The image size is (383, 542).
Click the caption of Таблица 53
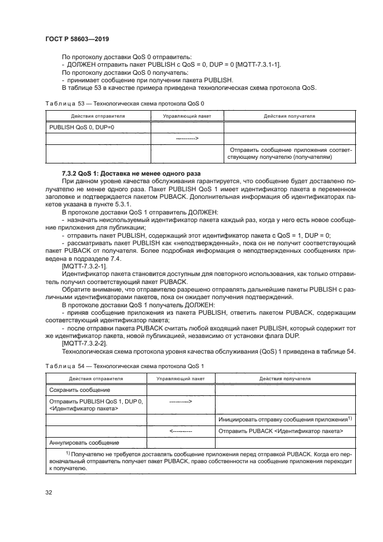click(125, 103)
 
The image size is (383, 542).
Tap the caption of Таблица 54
click(125, 366)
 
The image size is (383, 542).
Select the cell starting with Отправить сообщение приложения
click(290, 153)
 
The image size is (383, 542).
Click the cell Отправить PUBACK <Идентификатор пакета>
click(281, 431)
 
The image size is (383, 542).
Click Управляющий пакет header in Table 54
click(180, 379)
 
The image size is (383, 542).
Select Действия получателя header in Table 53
click(289, 116)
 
